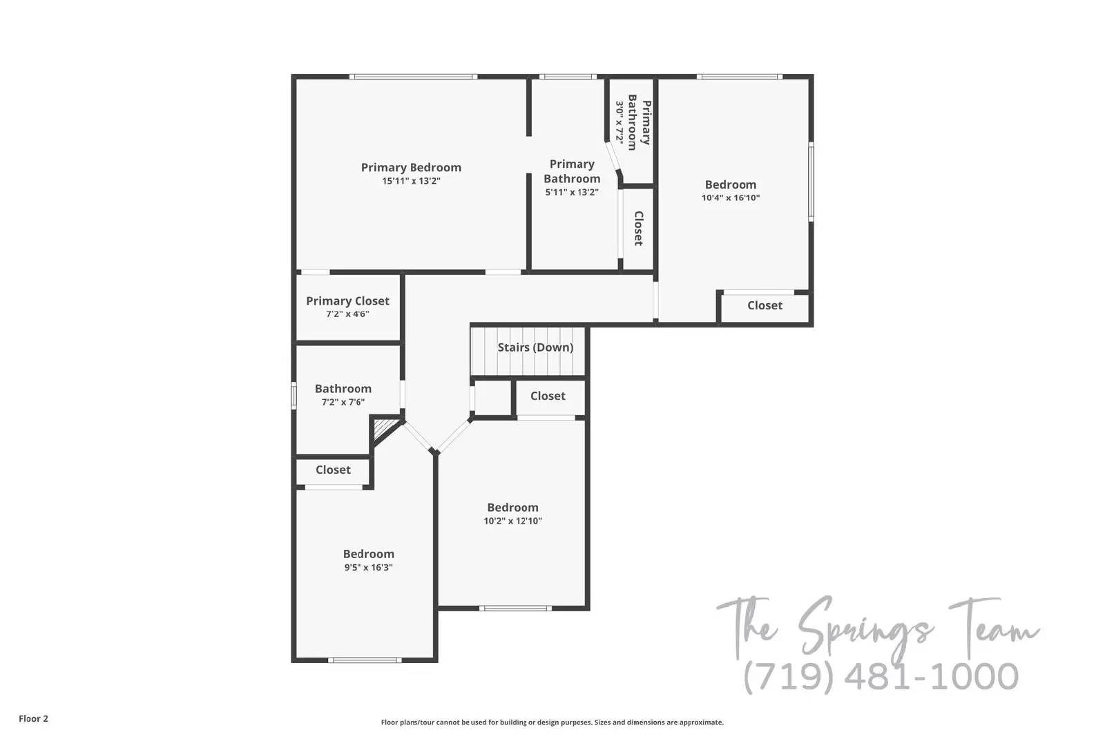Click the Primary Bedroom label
tap(411, 167)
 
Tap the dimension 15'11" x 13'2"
tap(411, 181)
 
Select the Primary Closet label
tap(347, 301)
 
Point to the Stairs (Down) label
tap(535, 347)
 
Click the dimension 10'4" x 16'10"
tap(731, 198)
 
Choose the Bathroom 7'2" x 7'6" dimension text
tap(343, 402)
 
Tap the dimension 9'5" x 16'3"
tap(368, 568)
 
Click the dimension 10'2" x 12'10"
tap(512, 521)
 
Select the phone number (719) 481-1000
tap(881, 676)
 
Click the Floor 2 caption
tap(33, 719)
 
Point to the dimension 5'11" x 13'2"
tap(572, 193)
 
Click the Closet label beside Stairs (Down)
tap(548, 396)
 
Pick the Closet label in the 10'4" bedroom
tap(765, 305)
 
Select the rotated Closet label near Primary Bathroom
tap(639, 229)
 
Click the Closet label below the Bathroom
tap(333, 470)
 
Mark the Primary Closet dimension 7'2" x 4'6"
tap(347, 314)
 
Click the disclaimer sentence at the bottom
tap(552, 722)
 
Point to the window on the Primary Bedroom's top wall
tap(413, 77)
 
